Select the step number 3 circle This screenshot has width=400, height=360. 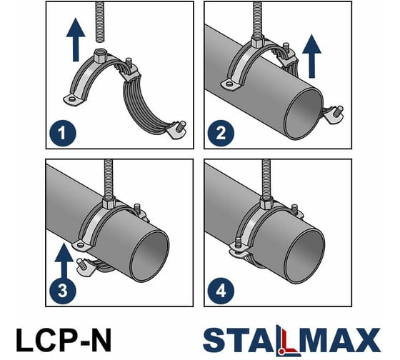pos(61,290)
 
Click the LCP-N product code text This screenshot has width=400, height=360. pos(64,338)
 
